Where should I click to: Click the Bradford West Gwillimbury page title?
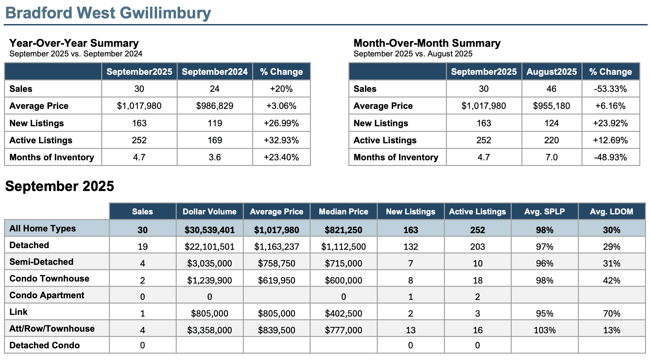point(108,13)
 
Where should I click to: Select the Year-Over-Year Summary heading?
point(74,43)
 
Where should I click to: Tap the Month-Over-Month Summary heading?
point(427,43)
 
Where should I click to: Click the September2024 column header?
point(215,72)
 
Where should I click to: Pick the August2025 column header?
point(551,72)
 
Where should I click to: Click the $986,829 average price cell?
point(215,106)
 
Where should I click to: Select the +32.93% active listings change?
point(281,140)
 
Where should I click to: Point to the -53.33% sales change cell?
point(610,89)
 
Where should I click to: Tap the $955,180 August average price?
point(551,106)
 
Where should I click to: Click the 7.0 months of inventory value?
point(551,157)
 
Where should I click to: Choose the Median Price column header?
point(343,212)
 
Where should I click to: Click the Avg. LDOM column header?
point(611,212)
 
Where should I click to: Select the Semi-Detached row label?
point(41,262)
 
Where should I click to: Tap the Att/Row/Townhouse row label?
point(52,329)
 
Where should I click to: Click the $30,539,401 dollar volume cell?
point(209,230)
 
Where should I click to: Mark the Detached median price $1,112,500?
point(343,247)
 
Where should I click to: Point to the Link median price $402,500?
point(343,314)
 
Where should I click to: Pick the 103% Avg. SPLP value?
point(544,330)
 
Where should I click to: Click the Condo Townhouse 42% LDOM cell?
point(611,280)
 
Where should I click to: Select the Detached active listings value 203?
point(477,247)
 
